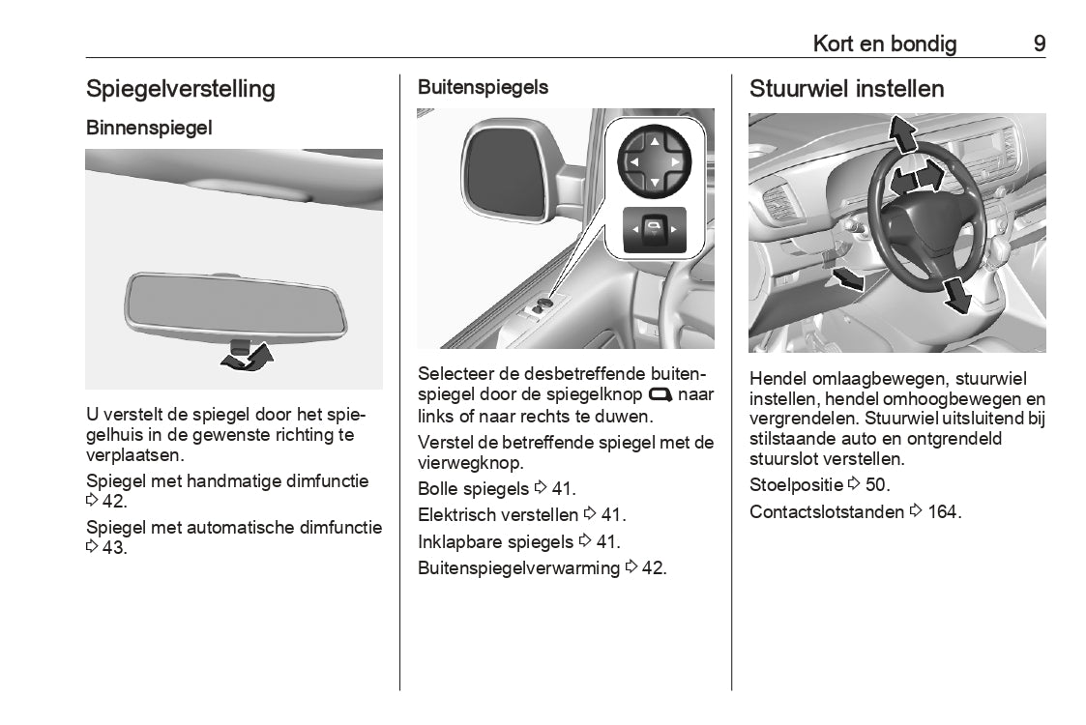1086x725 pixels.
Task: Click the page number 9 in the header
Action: (1039, 43)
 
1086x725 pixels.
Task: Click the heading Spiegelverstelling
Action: (181, 89)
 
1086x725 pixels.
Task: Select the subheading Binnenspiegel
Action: (149, 128)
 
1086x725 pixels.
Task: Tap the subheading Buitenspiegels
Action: (483, 87)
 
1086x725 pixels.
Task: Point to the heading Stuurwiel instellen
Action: (846, 89)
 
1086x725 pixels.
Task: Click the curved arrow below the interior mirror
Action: (247, 358)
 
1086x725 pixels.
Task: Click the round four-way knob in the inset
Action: (655, 161)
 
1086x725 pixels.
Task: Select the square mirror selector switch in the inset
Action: (655, 230)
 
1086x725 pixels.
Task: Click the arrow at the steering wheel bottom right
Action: (955, 294)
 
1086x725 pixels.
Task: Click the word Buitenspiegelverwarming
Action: (518, 568)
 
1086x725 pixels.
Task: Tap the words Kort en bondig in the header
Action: (884, 43)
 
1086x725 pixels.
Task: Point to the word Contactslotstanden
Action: (827, 512)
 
